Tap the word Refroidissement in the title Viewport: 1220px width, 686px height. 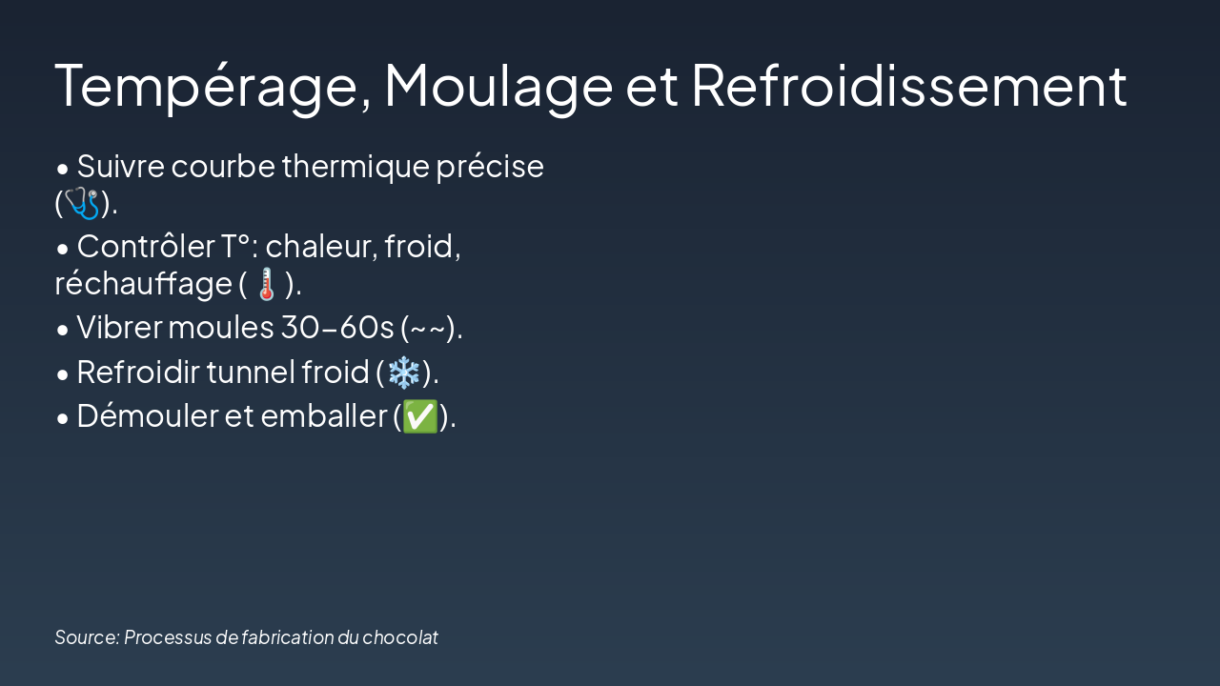tap(909, 86)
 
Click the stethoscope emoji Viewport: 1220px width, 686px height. tap(82, 203)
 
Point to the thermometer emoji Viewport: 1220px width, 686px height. tap(266, 284)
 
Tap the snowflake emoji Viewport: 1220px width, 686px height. tap(403, 373)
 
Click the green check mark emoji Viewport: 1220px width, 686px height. tap(420, 416)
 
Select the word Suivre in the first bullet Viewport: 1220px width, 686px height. tap(120, 166)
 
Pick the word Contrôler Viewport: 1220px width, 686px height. tap(146, 246)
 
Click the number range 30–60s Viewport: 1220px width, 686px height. tap(337, 328)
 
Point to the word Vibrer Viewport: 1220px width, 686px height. tap(120, 328)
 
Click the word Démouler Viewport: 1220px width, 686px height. tap(147, 416)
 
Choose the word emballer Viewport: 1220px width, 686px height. tap(324, 416)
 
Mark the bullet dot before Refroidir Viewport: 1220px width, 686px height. tap(63, 374)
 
